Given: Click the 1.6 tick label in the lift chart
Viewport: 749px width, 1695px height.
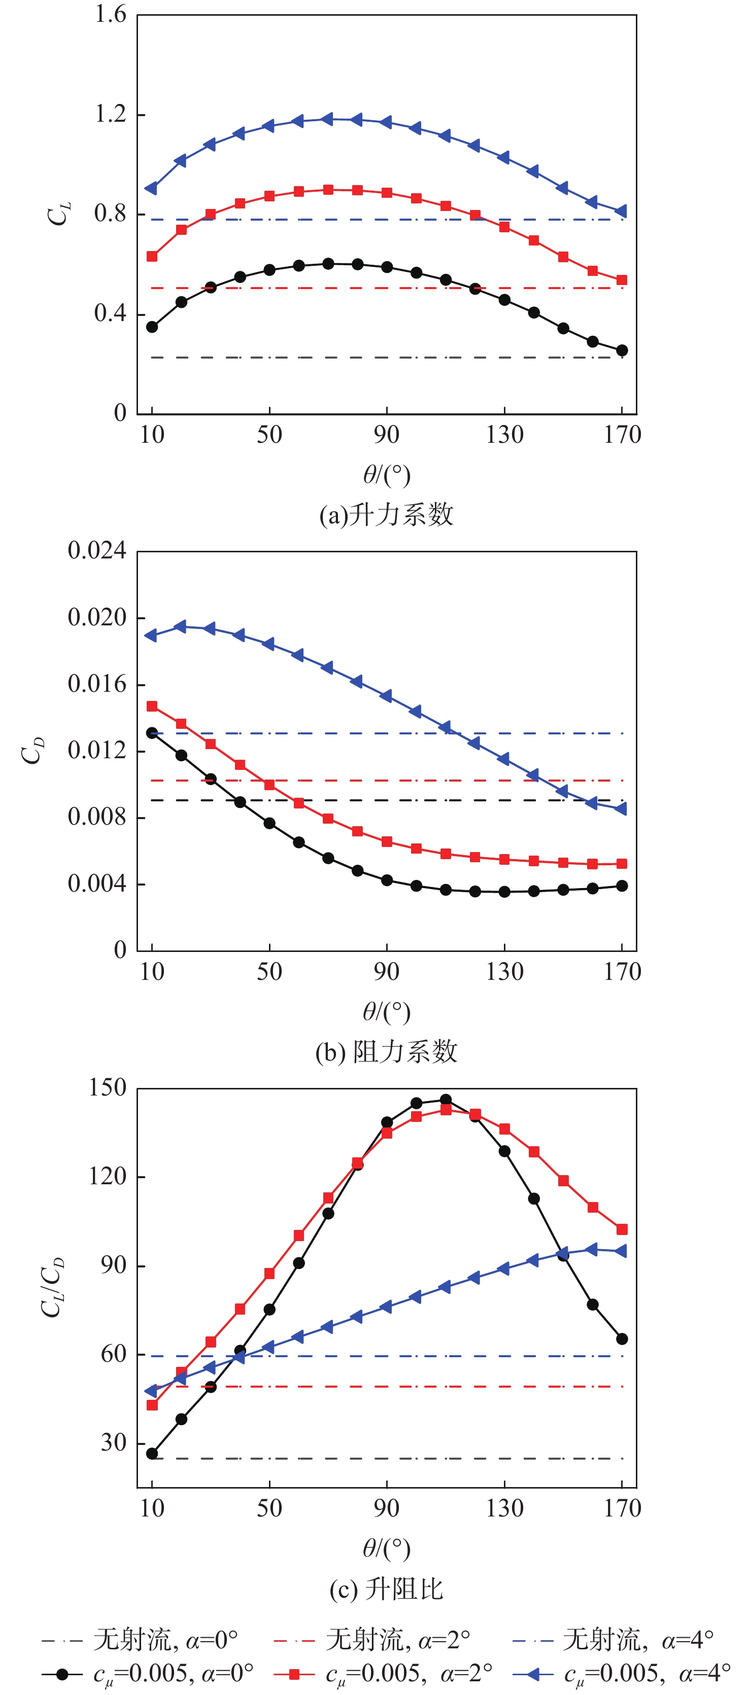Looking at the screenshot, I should point(110,15).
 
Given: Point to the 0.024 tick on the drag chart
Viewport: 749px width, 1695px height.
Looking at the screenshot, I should point(97,551).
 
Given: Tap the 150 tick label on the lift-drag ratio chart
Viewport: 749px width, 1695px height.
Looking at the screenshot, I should point(107,1088).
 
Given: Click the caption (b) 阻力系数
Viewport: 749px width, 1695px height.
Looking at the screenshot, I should point(386,1051).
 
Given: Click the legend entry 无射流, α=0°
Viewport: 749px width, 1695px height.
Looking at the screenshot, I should point(140,1640).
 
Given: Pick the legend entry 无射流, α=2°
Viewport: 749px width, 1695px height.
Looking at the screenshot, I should point(372,1640).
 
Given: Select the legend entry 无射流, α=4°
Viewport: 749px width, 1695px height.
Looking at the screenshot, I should point(612,1640).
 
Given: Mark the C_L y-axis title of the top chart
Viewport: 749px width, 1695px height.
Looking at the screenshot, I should point(58,214).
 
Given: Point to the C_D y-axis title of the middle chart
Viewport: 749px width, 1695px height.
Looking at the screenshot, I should point(33,751).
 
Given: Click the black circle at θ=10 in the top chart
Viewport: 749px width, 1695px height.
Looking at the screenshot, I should point(152,327).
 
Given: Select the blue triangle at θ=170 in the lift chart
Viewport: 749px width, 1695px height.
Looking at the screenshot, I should point(621,211).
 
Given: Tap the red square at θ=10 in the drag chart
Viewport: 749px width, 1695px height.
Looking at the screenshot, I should point(152,706).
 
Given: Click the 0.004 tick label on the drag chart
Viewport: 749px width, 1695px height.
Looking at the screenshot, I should point(97,884).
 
